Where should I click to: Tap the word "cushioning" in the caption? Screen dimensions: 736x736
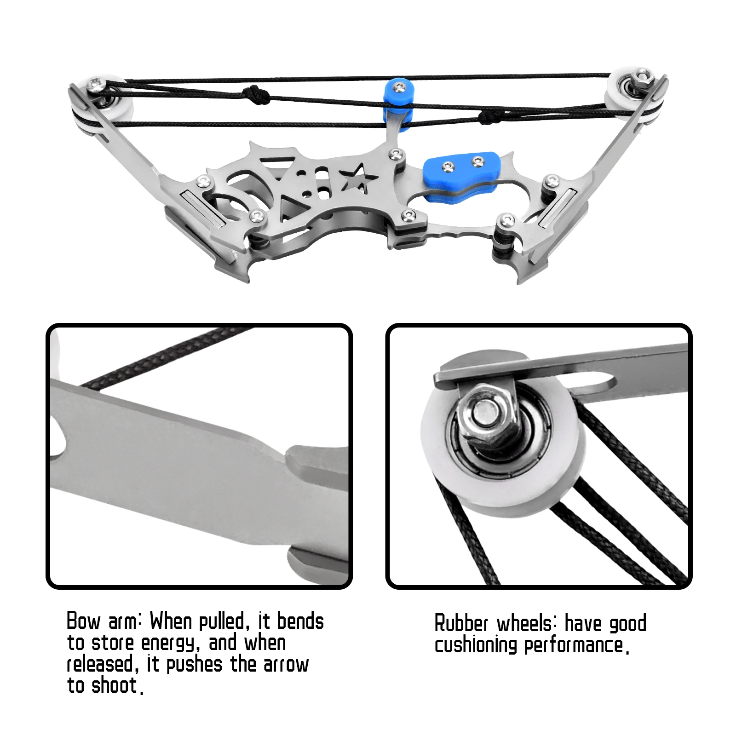pos(476,645)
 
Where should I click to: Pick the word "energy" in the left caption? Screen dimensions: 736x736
pos(170,644)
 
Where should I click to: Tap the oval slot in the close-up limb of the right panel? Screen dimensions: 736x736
pos(598,381)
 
